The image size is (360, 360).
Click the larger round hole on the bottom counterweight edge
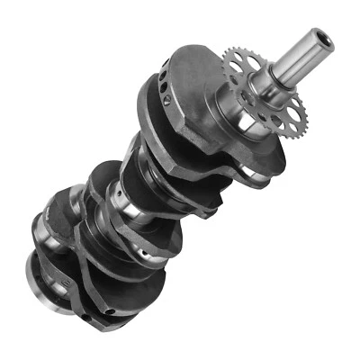tap(109, 311)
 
